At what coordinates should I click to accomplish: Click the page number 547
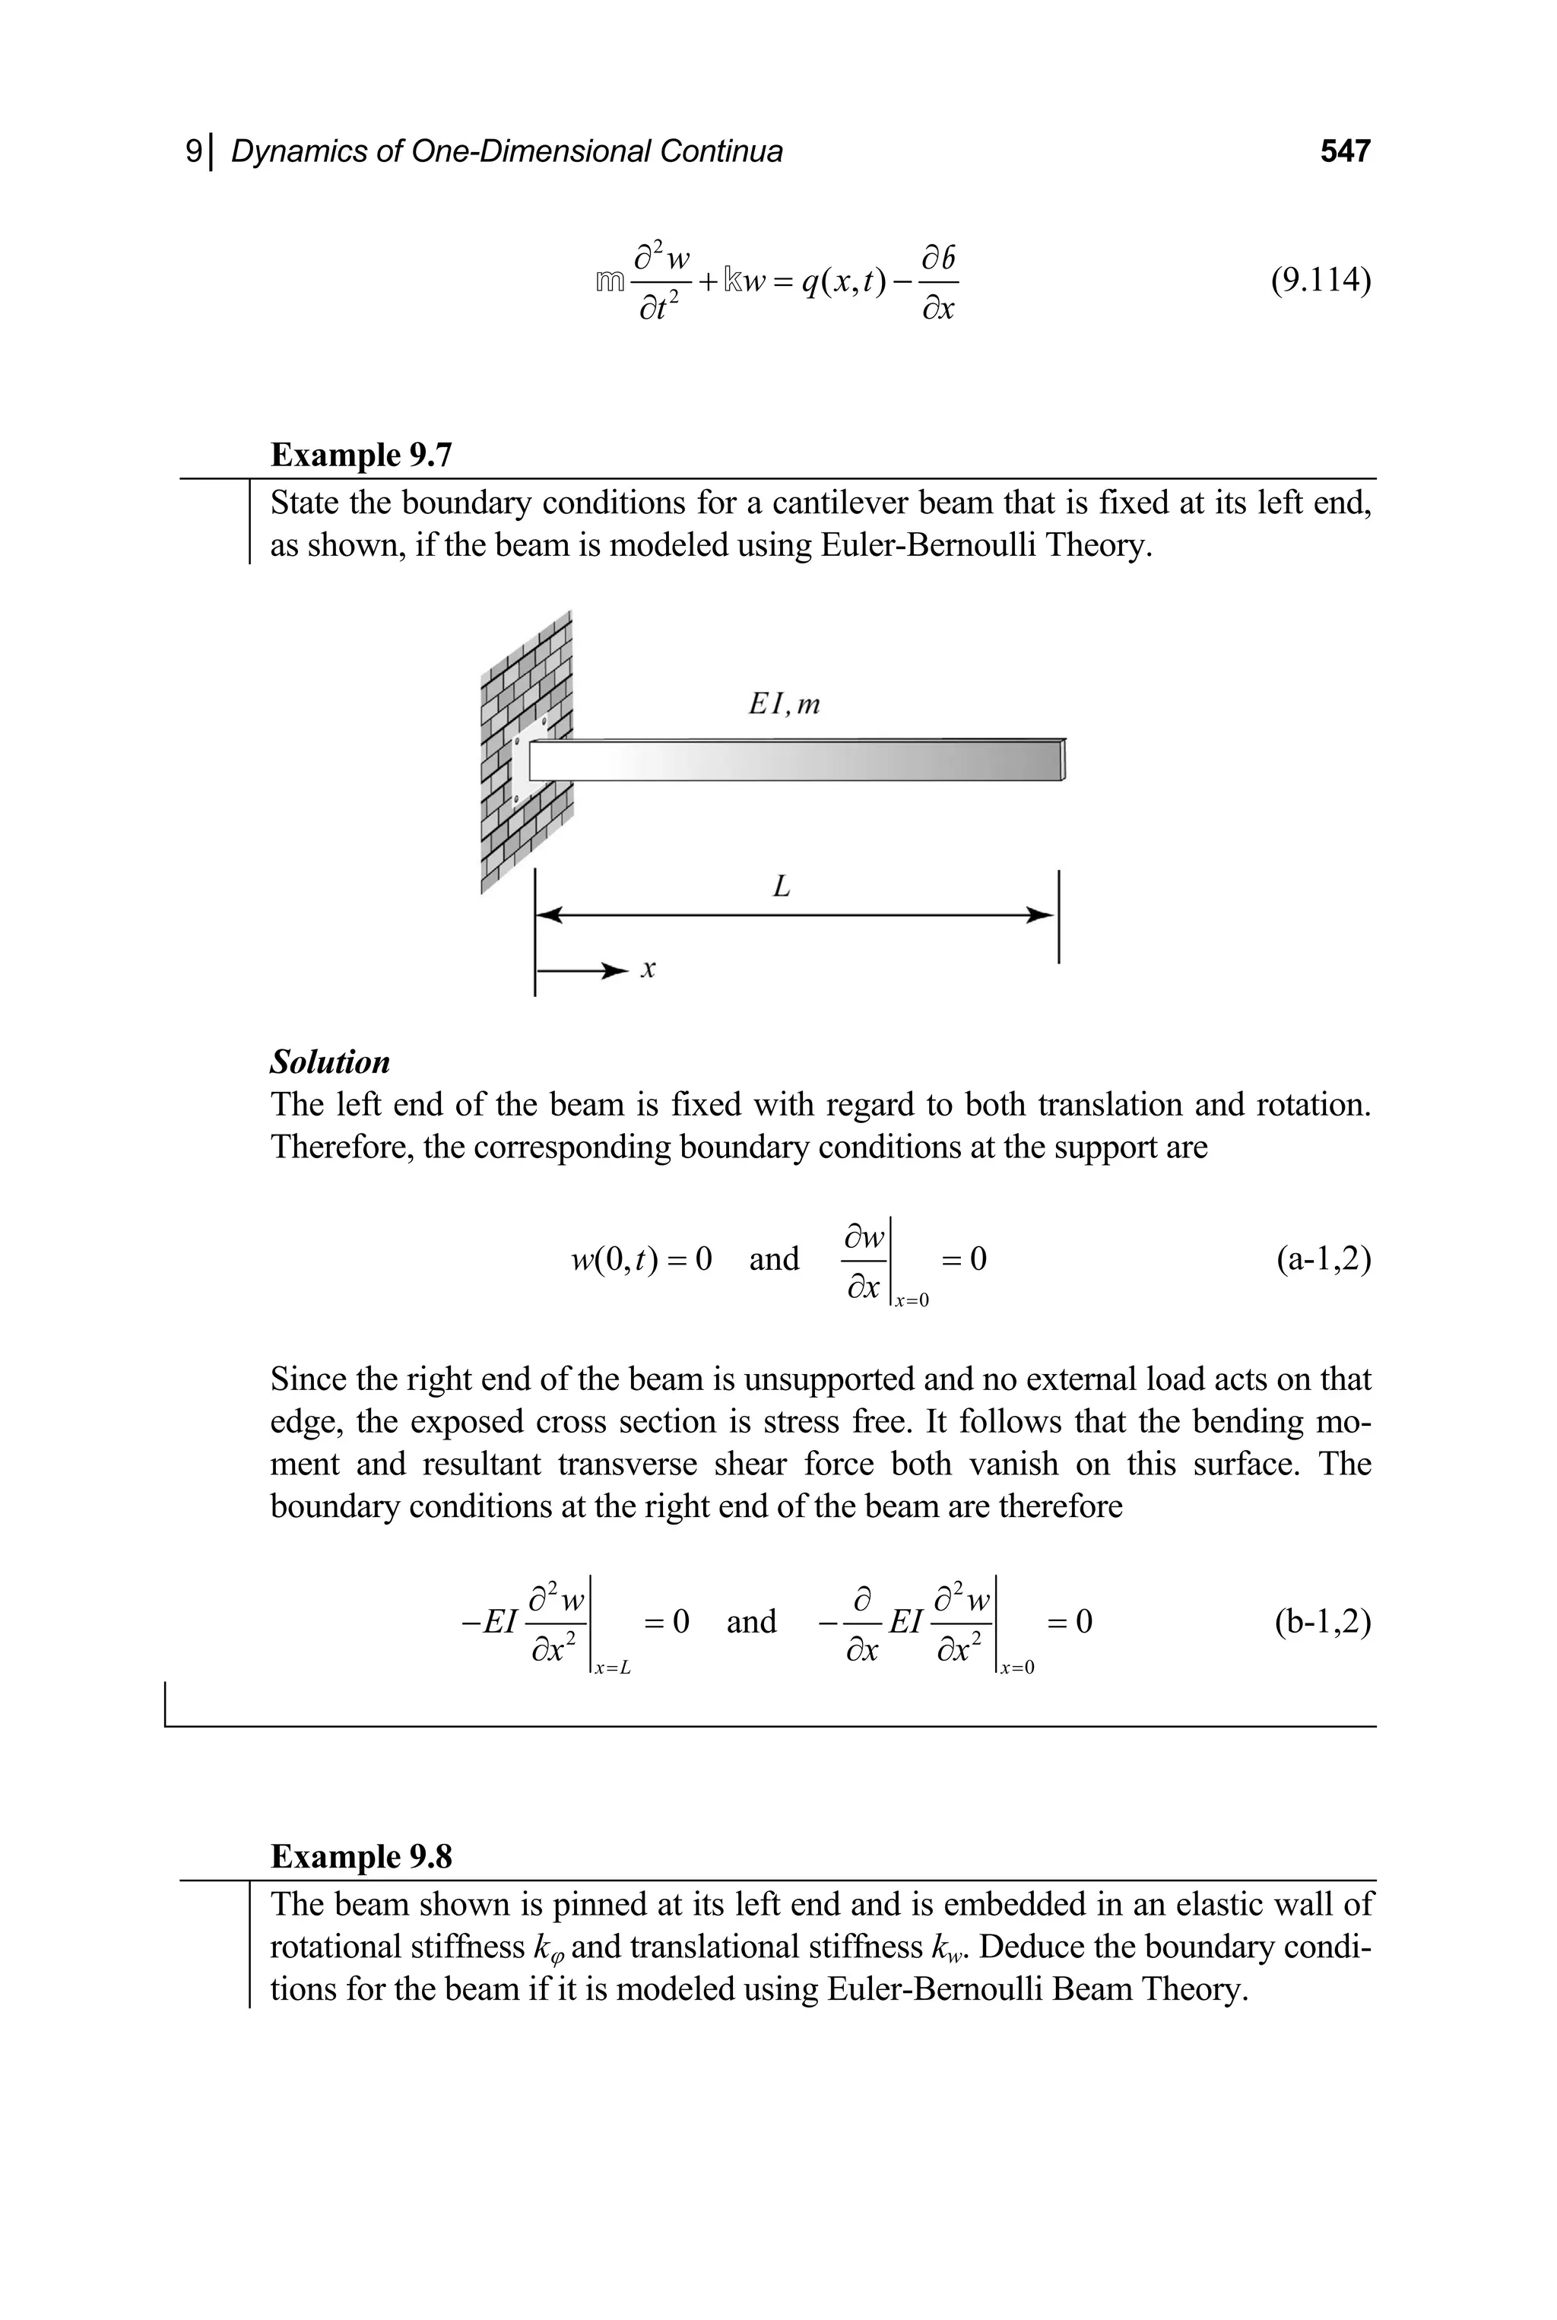point(1344,151)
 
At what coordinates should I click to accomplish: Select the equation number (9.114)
point(1321,281)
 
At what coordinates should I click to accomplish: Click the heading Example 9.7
point(361,455)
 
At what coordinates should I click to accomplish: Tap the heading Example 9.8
point(361,1856)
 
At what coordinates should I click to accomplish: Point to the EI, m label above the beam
point(784,704)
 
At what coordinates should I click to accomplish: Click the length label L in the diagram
point(782,886)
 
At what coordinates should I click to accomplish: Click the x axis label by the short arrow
point(648,970)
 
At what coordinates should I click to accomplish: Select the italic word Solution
point(330,1062)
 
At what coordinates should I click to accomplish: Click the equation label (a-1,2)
point(1323,1259)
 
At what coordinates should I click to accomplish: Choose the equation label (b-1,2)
point(1323,1622)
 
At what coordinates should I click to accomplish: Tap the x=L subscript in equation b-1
point(612,1668)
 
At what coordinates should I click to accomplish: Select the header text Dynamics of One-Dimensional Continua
point(506,151)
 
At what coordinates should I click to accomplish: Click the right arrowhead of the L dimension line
point(1041,915)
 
